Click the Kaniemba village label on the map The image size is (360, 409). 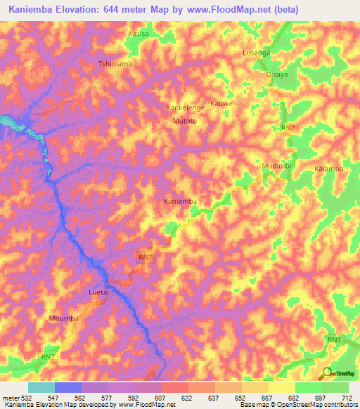pyautogui.click(x=180, y=202)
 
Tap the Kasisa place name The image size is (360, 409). pyautogui.click(x=139, y=33)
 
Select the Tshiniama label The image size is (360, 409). pyautogui.click(x=115, y=63)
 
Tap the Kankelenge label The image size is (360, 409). pyautogui.click(x=185, y=108)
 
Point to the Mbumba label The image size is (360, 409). pyautogui.click(x=63, y=318)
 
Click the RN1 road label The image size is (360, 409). pyautogui.click(x=333, y=339)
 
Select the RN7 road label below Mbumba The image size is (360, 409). pyautogui.click(x=48, y=357)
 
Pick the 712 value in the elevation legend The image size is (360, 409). pyautogui.click(x=346, y=398)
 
